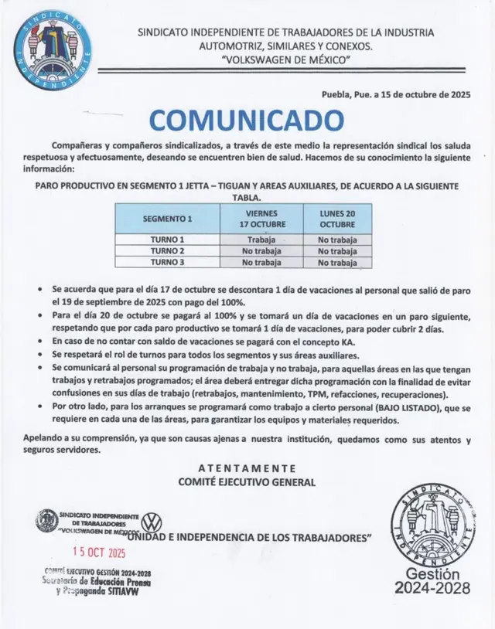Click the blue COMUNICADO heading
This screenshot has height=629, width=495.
(x=247, y=120)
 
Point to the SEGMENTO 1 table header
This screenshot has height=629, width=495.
(x=167, y=219)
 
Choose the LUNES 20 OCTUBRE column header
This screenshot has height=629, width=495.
(x=338, y=219)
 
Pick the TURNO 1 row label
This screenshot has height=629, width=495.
(x=167, y=240)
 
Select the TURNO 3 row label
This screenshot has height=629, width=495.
(x=167, y=263)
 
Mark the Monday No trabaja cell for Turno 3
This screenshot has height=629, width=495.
(x=338, y=263)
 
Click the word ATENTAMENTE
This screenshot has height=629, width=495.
(x=247, y=468)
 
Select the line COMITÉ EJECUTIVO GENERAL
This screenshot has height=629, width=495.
(x=247, y=482)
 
